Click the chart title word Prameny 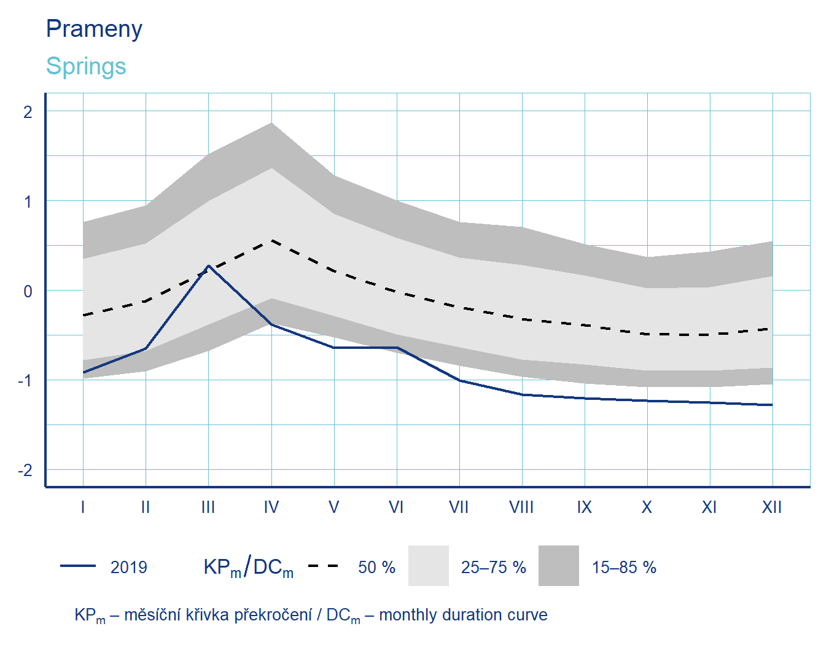(94, 29)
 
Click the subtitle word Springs (86, 66)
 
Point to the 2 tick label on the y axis (28, 112)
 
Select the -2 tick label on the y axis (25, 471)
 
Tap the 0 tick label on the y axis (28, 291)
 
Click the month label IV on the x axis (271, 507)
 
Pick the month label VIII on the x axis (521, 507)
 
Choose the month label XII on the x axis (772, 507)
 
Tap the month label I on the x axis (83, 507)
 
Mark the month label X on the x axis (647, 507)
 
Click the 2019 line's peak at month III (209, 266)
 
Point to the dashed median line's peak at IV (271, 241)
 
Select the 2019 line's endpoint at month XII (772, 405)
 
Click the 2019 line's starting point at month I (83, 372)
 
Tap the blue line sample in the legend (78, 566)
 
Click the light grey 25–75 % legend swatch (429, 566)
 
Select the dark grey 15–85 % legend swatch (559, 566)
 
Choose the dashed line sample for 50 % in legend (323, 566)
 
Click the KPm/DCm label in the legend (248, 567)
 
